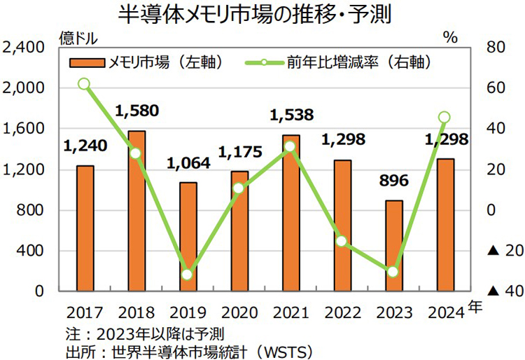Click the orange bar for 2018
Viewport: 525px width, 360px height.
click(x=136, y=210)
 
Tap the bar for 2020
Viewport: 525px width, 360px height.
click(x=239, y=230)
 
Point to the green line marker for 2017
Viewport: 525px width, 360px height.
click(x=84, y=84)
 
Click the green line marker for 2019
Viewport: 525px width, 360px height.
click(x=187, y=274)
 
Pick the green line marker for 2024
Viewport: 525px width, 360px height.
click(x=444, y=118)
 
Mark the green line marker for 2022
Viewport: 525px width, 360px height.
click(x=342, y=241)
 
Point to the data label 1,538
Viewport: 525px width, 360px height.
click(x=290, y=114)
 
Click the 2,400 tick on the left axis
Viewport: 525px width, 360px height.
click(x=24, y=48)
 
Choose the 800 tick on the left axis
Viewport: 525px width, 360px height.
click(x=32, y=210)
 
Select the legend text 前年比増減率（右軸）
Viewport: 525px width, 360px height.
click(x=357, y=63)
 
